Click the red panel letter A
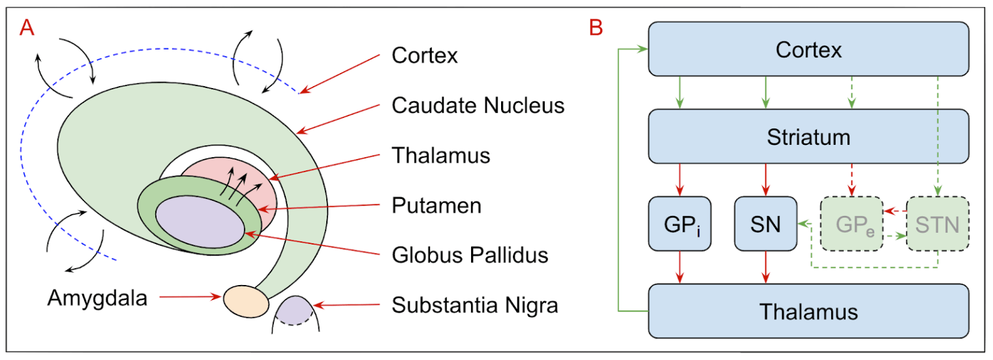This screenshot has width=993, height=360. tap(27, 28)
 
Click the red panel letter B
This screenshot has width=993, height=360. tap(595, 27)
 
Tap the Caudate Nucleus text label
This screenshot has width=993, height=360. tap(478, 105)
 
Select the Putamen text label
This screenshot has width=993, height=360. tap(436, 205)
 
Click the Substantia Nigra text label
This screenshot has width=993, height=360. tap(474, 305)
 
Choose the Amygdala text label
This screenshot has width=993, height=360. tap(97, 298)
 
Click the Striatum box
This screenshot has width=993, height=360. tap(808, 138)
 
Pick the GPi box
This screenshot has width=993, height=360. tap(680, 224)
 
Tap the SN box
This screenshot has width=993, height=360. tap(765, 224)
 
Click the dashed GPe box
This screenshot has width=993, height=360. tap(851, 224)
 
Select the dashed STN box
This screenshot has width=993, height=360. tap(937, 224)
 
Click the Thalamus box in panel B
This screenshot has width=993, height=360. tap(808, 311)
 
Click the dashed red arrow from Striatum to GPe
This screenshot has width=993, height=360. tap(851, 179)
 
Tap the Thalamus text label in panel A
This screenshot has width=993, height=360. tap(440, 155)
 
